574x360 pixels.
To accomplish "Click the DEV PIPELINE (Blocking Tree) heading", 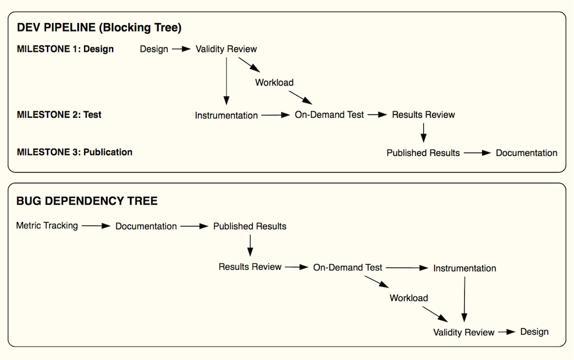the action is [99, 28].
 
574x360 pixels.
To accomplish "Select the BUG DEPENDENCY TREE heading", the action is [87, 201].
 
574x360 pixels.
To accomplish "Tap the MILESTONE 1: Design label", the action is [65, 49].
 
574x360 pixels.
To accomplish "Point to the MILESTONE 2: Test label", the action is [59, 114].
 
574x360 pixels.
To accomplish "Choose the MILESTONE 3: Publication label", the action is [75, 153].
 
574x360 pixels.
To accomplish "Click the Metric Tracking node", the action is [47, 225].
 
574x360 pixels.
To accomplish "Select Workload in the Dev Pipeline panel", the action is [274, 82].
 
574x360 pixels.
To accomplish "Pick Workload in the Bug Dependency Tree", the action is [409, 298].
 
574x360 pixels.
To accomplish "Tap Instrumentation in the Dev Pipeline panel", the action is [226, 116].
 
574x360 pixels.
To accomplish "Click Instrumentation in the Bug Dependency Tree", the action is [465, 268].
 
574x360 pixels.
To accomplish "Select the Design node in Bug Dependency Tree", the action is [534, 332].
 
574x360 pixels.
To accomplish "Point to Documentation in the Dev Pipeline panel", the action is [526, 153].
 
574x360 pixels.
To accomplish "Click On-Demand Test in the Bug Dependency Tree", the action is [348, 267].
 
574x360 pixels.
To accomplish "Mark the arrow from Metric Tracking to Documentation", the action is [96, 226].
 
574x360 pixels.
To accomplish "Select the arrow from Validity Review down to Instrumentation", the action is [226, 81].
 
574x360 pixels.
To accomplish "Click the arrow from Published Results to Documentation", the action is [478, 153].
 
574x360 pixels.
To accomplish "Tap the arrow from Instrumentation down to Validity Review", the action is [465, 299].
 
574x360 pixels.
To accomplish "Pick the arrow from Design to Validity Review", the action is [182, 49].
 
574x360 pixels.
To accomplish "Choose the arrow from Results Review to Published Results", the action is [424, 133].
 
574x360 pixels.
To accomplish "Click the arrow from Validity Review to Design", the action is [507, 332].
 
